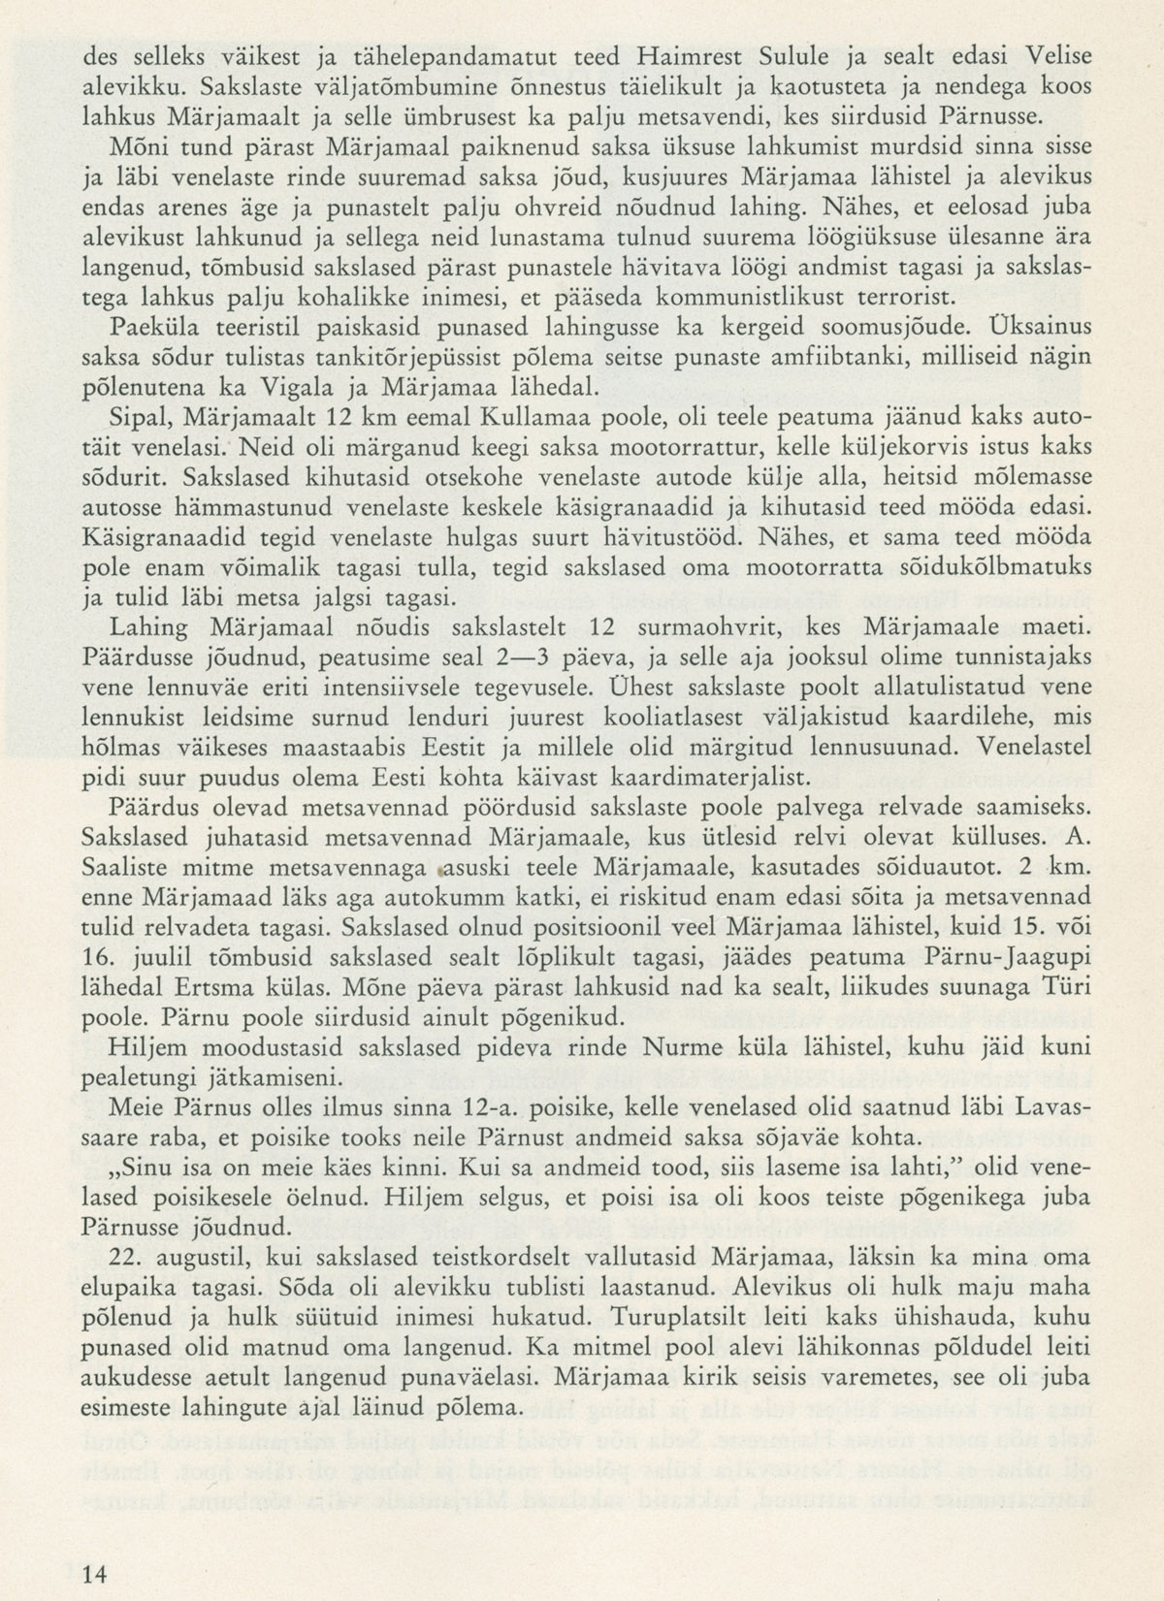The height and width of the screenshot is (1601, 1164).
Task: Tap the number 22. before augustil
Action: coord(132,1258)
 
